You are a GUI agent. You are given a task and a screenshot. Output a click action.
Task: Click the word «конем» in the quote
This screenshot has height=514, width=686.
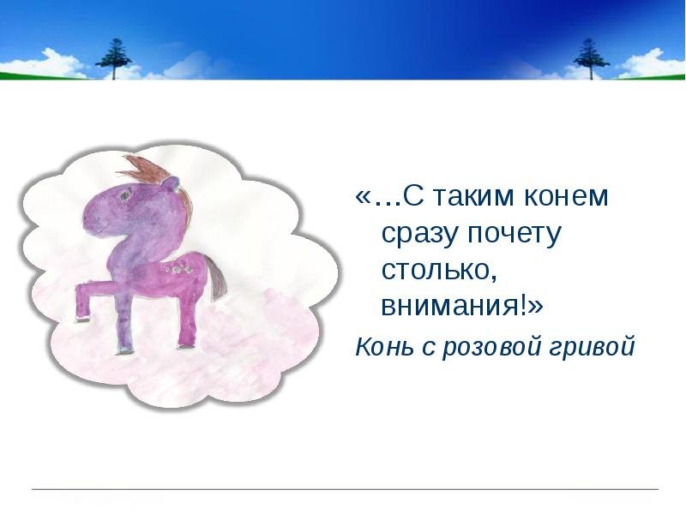point(566,196)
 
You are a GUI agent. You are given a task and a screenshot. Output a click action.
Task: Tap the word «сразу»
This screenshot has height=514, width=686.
point(418,235)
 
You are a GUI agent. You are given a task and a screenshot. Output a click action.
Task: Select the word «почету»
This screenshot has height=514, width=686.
point(514,235)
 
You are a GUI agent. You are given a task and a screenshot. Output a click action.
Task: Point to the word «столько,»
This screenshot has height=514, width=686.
point(439,270)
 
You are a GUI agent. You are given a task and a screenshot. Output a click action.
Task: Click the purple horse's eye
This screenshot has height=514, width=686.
point(124,195)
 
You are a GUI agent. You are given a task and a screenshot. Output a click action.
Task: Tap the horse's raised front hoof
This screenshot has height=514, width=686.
point(82,319)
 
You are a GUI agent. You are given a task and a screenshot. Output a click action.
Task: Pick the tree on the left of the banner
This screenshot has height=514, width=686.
point(114,59)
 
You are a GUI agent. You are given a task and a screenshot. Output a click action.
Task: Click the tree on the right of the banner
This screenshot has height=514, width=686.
point(591,59)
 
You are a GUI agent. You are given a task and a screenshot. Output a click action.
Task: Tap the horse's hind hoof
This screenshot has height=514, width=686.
point(186,346)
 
